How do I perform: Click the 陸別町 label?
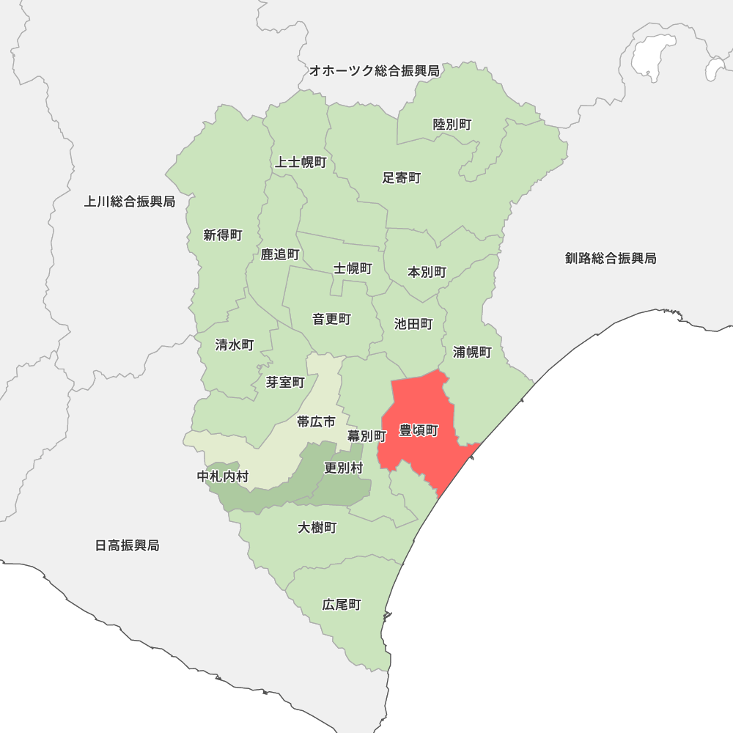point(452,125)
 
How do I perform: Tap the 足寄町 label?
point(402,178)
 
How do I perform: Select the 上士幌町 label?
point(301,162)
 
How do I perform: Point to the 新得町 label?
point(223,235)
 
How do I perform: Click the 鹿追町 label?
point(280,254)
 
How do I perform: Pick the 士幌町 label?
point(353,268)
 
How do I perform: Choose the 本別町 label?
point(427,272)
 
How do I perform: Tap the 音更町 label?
point(331,319)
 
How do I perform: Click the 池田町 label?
point(413,324)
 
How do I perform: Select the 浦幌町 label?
point(472,352)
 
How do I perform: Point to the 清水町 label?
point(235,345)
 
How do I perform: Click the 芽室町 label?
point(285,382)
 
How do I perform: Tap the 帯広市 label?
point(316,421)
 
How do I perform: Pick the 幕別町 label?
point(366,435)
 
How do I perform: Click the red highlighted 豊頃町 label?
point(419,430)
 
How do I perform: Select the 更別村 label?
point(343,468)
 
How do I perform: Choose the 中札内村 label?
point(223,476)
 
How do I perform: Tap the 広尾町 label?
point(342,605)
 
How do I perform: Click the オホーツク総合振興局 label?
point(374,71)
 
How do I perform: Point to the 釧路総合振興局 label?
point(611,258)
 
